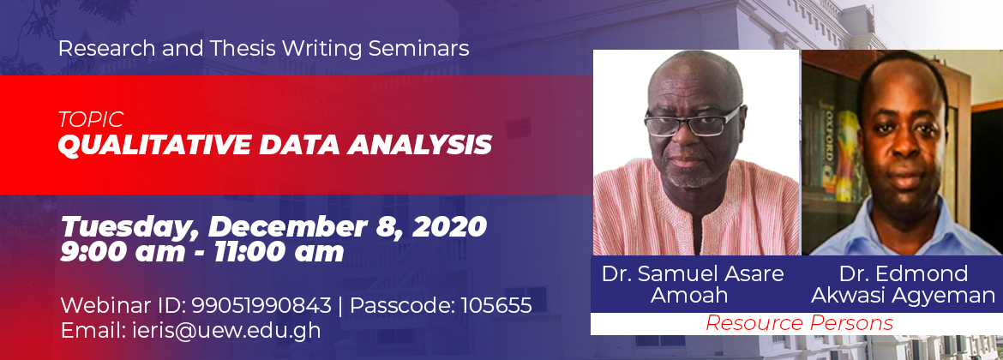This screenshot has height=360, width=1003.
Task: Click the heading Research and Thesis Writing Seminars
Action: coord(263,49)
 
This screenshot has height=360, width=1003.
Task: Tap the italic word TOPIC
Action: coord(90,119)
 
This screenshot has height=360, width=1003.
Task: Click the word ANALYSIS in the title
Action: coord(419,145)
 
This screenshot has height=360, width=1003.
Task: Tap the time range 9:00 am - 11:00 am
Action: coord(202,253)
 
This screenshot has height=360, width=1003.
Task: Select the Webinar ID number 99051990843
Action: coord(261,305)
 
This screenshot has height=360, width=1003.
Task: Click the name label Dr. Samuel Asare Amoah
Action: coord(693,285)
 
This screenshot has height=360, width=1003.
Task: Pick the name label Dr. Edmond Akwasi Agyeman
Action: coord(904,285)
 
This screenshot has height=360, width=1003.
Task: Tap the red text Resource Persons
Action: coord(799,323)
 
